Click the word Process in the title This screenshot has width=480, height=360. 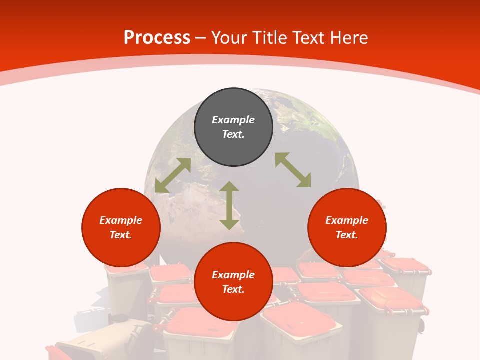click(157, 38)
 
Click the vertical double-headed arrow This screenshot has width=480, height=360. click(229, 205)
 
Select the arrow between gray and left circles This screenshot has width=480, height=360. click(173, 175)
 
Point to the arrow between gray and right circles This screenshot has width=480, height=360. click(293, 170)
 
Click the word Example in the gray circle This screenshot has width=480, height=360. click(233, 120)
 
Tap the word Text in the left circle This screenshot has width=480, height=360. click(121, 235)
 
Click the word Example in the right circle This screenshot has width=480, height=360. click(347, 220)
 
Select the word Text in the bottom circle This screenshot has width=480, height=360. click(233, 289)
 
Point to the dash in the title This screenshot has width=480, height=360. click(201, 38)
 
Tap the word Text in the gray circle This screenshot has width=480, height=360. click(233, 134)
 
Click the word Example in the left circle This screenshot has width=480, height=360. click(121, 220)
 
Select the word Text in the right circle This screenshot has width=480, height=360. click(347, 235)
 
